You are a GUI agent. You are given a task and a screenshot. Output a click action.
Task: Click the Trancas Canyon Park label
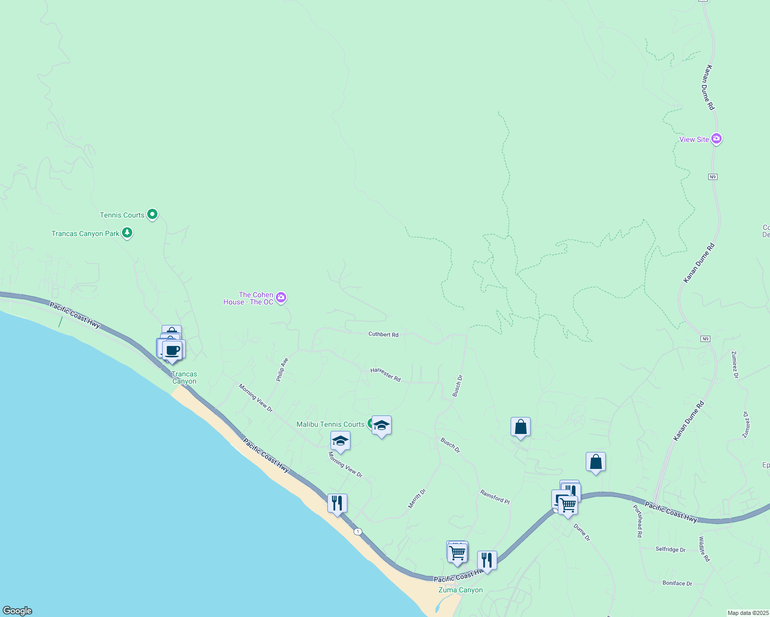[x=85, y=234]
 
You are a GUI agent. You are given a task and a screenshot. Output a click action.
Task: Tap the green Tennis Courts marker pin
[x=152, y=214]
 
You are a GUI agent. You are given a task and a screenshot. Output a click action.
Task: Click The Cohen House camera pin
[x=281, y=297]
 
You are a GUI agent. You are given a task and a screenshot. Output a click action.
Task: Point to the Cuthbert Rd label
[x=383, y=335]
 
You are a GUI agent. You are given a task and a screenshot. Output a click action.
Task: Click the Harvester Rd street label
[x=386, y=374]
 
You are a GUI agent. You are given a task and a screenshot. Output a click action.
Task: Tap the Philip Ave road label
[x=282, y=370]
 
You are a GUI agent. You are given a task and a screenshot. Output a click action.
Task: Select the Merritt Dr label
[x=417, y=499]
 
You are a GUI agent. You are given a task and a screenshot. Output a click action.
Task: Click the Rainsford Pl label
[x=495, y=497]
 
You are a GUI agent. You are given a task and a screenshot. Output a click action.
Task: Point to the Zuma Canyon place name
[x=461, y=590]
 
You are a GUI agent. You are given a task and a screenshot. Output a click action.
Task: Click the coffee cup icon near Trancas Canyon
[x=173, y=351]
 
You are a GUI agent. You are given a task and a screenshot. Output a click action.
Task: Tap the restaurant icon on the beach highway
[x=337, y=503]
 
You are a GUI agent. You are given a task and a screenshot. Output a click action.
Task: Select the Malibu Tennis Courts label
[x=330, y=425]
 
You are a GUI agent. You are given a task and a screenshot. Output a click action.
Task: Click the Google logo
[x=17, y=611]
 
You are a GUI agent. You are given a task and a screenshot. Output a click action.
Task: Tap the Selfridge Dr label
[x=670, y=550]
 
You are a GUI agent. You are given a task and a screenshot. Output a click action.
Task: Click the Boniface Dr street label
[x=677, y=584]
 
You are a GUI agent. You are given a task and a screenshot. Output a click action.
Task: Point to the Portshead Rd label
[x=638, y=521]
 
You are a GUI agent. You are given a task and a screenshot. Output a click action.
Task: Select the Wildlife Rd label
[x=704, y=549]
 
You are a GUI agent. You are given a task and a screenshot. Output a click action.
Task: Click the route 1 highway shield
[x=358, y=531]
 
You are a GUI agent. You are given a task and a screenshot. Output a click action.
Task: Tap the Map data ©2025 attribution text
[x=748, y=613]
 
